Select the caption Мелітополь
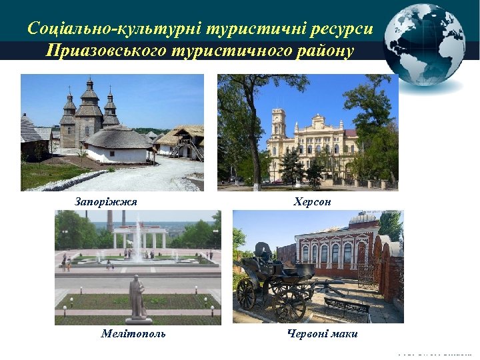tap(133, 333)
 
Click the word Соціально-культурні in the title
tap(115, 29)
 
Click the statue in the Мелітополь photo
tap(137, 297)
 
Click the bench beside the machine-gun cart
tap(347, 307)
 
